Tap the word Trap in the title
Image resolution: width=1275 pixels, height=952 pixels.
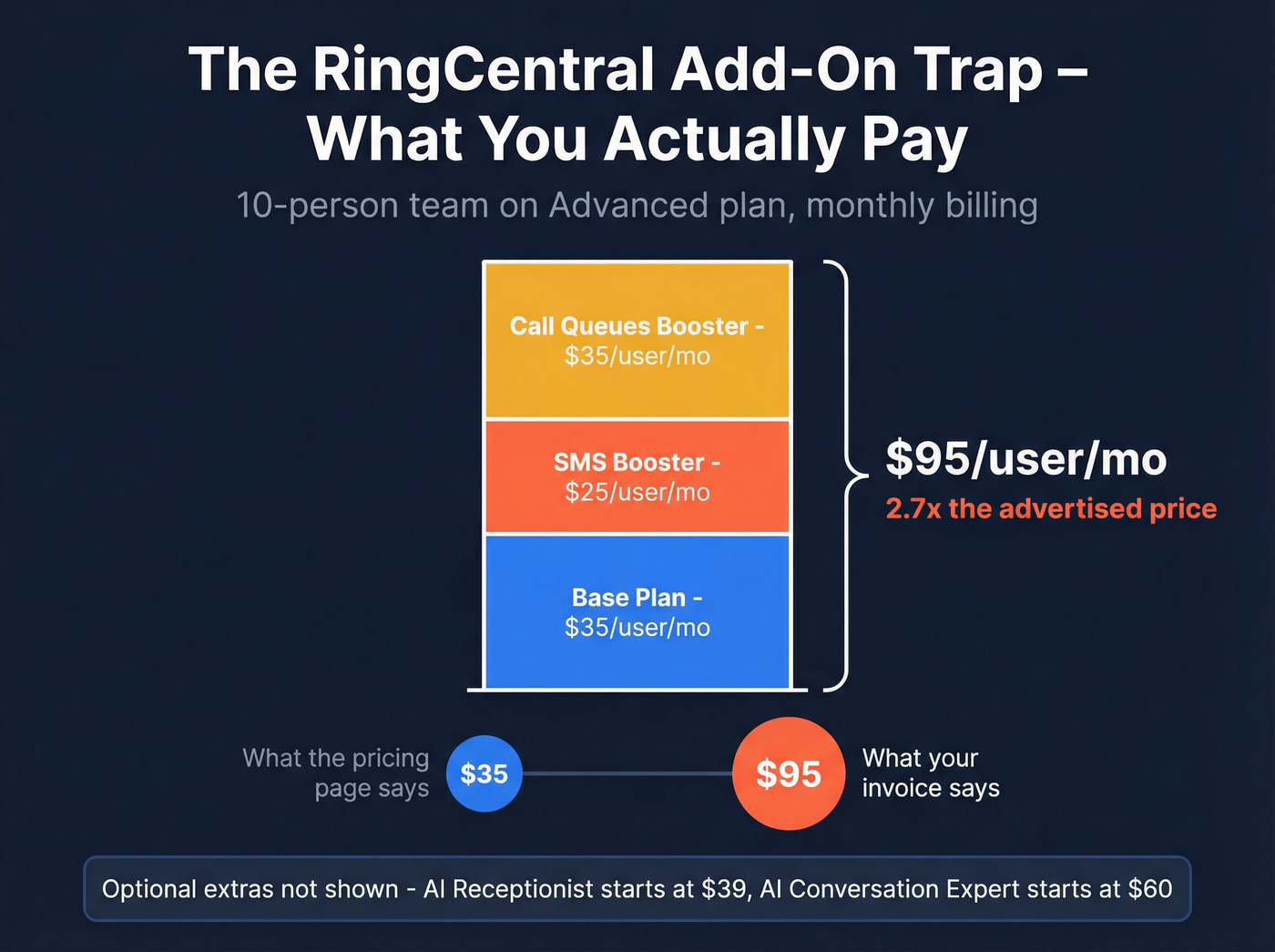tap(978, 71)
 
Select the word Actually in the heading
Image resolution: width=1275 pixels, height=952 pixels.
tap(725, 140)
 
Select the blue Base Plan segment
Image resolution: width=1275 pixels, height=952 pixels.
tap(637, 656)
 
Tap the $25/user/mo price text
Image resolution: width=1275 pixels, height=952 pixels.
tap(637, 493)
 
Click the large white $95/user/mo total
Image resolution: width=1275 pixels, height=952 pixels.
tap(1026, 459)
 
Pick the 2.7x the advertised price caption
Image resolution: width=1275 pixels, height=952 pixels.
tap(1051, 508)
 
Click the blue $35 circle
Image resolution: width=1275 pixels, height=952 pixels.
tap(484, 773)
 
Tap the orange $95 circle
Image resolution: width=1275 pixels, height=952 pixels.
tap(789, 773)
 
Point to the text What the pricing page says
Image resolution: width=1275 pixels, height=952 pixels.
tap(336, 773)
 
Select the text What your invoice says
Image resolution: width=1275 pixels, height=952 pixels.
tap(931, 773)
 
